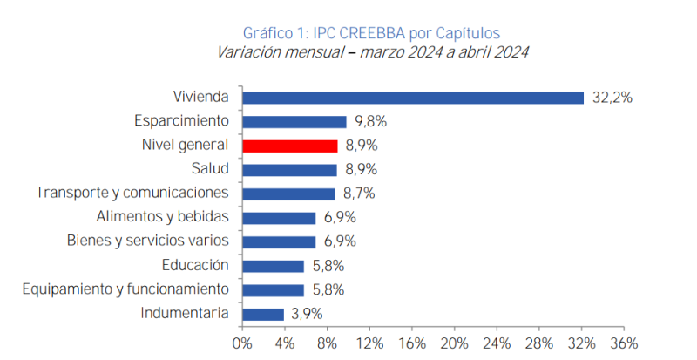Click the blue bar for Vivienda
click(413, 98)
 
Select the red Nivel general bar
click(289, 146)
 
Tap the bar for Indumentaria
click(263, 314)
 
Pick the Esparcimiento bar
click(294, 122)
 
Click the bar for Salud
click(289, 170)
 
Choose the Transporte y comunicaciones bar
click(288, 194)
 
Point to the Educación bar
click(273, 266)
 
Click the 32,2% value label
click(612, 98)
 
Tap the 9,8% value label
click(370, 122)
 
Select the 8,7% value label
click(360, 194)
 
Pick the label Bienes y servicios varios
click(148, 241)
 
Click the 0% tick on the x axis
click(242, 343)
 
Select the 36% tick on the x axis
click(625, 343)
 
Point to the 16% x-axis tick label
click(412, 343)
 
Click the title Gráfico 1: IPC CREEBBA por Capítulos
click(370, 33)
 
